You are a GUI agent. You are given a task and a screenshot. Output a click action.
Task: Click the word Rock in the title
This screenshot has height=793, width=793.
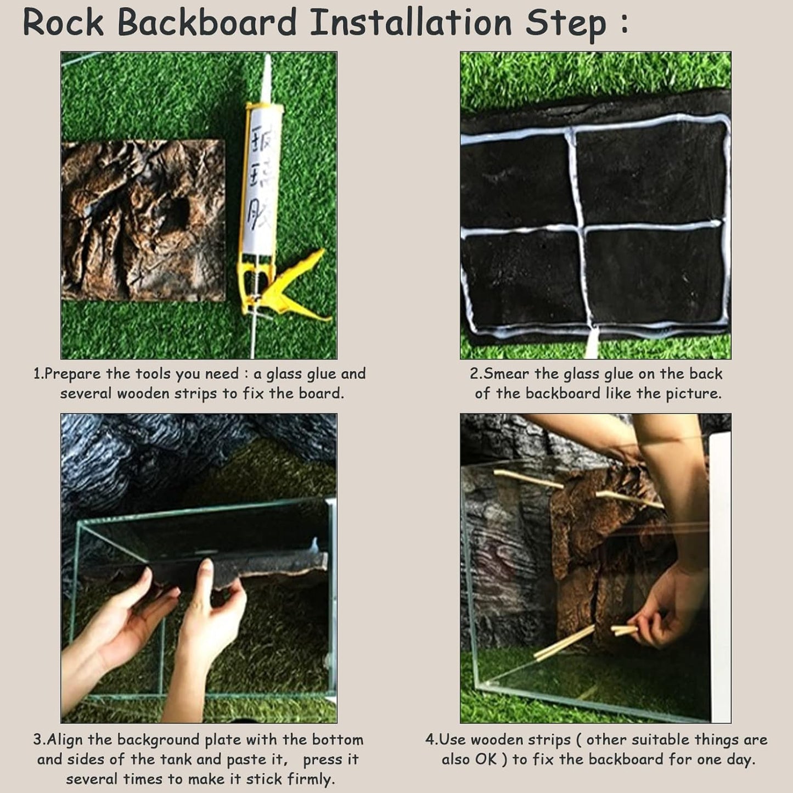coord(63,23)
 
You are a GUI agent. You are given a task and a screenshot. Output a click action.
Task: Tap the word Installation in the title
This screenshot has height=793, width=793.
coord(411,23)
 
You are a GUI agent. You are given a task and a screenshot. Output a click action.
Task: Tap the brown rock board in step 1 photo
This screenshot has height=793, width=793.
coord(143,220)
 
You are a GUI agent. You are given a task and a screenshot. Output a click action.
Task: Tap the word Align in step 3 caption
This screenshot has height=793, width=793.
coord(64,740)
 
